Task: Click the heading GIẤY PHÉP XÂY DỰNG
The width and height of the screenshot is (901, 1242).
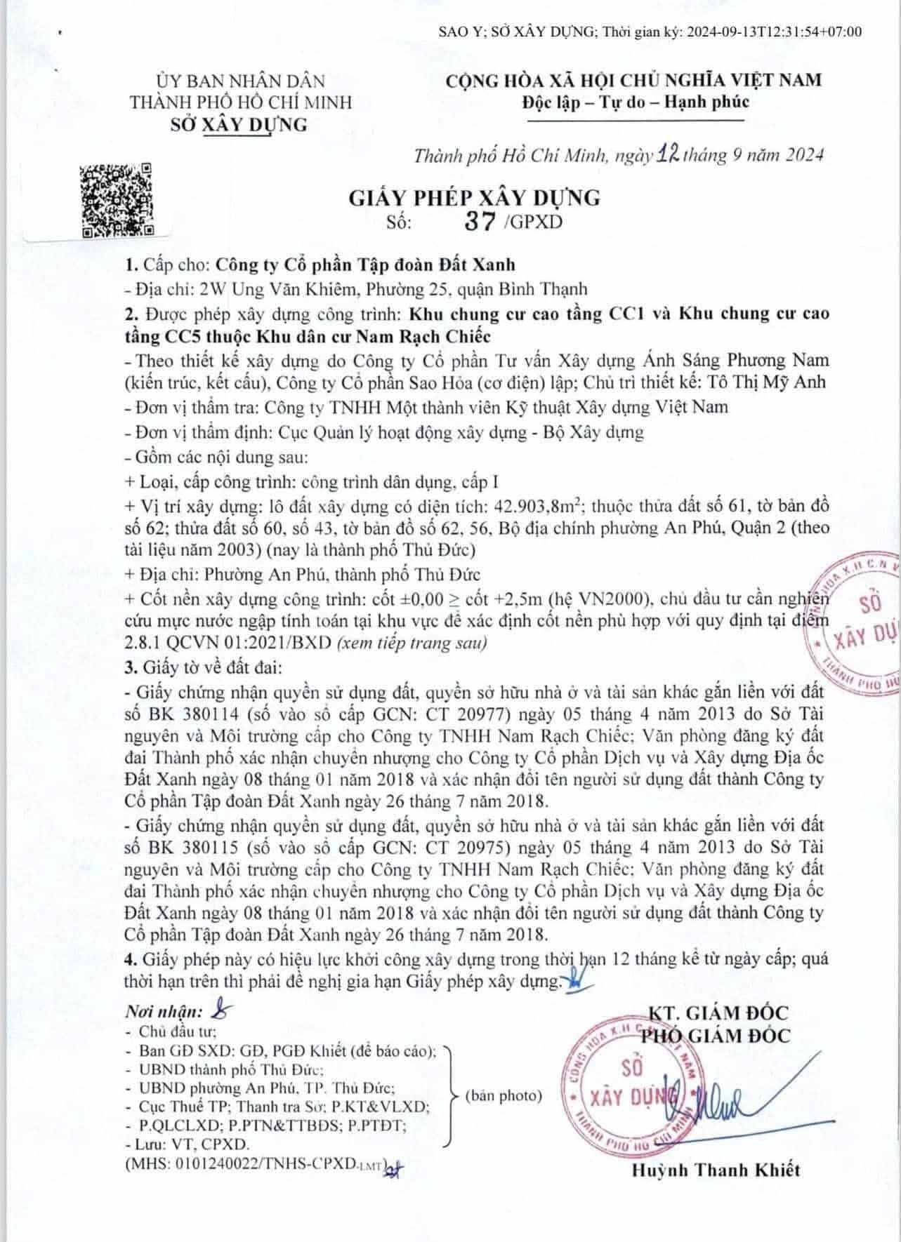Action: [475, 198]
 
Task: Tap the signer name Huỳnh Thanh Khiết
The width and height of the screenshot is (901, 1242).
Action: [716, 1169]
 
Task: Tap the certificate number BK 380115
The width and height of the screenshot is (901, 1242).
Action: [189, 848]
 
